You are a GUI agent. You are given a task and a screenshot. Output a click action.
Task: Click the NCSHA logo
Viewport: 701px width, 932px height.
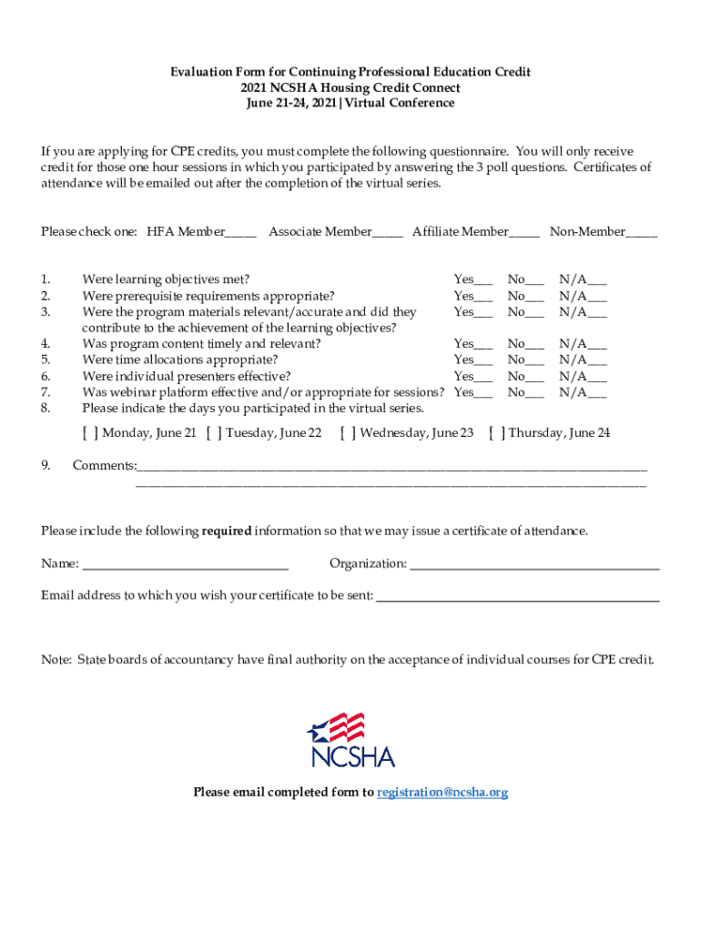[x=350, y=740]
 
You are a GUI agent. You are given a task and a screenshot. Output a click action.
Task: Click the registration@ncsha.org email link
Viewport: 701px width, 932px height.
[x=442, y=793]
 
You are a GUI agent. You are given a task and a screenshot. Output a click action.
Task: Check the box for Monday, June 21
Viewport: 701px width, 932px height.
[x=91, y=433]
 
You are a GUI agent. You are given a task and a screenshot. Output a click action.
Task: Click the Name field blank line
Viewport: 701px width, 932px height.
[x=186, y=565]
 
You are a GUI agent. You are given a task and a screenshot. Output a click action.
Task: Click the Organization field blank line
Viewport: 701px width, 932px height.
[x=534, y=565]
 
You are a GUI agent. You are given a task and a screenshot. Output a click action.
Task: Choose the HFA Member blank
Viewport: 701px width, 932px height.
[x=240, y=233]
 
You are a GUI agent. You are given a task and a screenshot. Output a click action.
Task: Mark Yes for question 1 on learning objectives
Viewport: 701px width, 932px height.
[x=483, y=280]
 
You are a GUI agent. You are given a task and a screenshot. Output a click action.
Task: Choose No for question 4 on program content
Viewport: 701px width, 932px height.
[x=535, y=345]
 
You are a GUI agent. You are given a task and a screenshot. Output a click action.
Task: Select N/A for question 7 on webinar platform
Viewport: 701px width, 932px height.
[x=597, y=393]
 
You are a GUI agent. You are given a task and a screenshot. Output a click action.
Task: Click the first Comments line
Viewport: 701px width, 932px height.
[x=391, y=467]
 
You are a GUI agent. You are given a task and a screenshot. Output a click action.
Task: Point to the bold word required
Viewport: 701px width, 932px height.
[x=226, y=531]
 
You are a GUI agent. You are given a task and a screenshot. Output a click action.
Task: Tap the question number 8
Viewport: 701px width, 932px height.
[x=46, y=409]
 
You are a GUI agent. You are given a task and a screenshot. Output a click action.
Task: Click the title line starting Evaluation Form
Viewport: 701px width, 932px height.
[x=350, y=72]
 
